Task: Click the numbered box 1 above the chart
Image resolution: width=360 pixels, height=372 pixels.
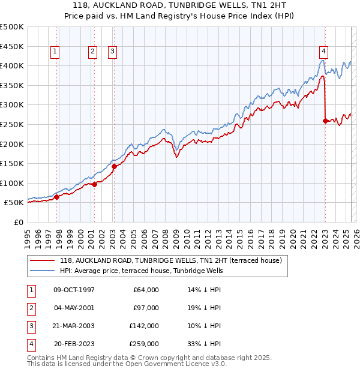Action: [55, 52]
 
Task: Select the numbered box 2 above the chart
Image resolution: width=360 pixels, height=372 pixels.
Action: [93, 52]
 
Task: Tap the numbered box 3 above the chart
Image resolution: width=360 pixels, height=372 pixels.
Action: [112, 52]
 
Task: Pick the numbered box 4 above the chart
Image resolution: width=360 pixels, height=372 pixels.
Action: [323, 52]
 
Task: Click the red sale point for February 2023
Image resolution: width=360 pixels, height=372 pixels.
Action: [325, 121]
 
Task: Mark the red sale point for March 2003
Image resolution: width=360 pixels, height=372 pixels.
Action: [114, 166]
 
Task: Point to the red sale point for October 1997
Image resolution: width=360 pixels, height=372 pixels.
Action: [57, 197]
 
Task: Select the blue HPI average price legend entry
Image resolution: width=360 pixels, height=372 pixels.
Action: [141, 271]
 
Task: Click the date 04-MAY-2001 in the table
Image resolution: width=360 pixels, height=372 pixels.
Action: [74, 308]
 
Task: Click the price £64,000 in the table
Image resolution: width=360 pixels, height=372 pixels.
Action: [146, 290]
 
